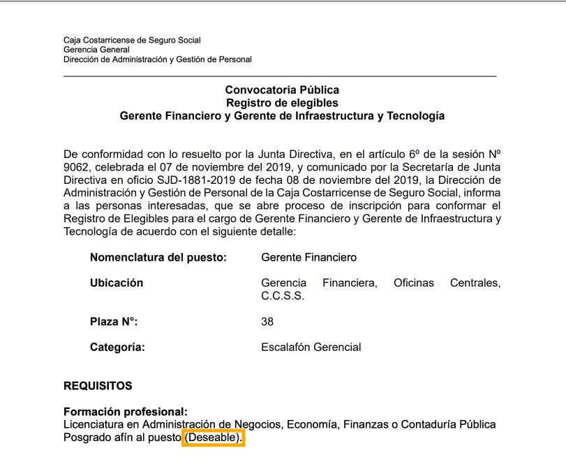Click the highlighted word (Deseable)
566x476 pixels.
213,438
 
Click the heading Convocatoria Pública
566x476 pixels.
282,90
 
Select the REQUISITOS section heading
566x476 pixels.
98,386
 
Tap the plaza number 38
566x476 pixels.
267,322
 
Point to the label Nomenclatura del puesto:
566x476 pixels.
158,257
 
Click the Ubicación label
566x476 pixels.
117,283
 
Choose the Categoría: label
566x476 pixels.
117,347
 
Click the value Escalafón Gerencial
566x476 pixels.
311,347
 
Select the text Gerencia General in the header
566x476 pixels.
96,50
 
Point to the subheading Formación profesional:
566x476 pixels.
126,412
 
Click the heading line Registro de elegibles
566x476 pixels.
282,103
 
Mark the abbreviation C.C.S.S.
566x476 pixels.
283,296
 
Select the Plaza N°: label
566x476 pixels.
114,322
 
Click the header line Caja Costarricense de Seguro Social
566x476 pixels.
132,41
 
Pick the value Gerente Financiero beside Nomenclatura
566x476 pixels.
308,257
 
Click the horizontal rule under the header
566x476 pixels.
280,75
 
